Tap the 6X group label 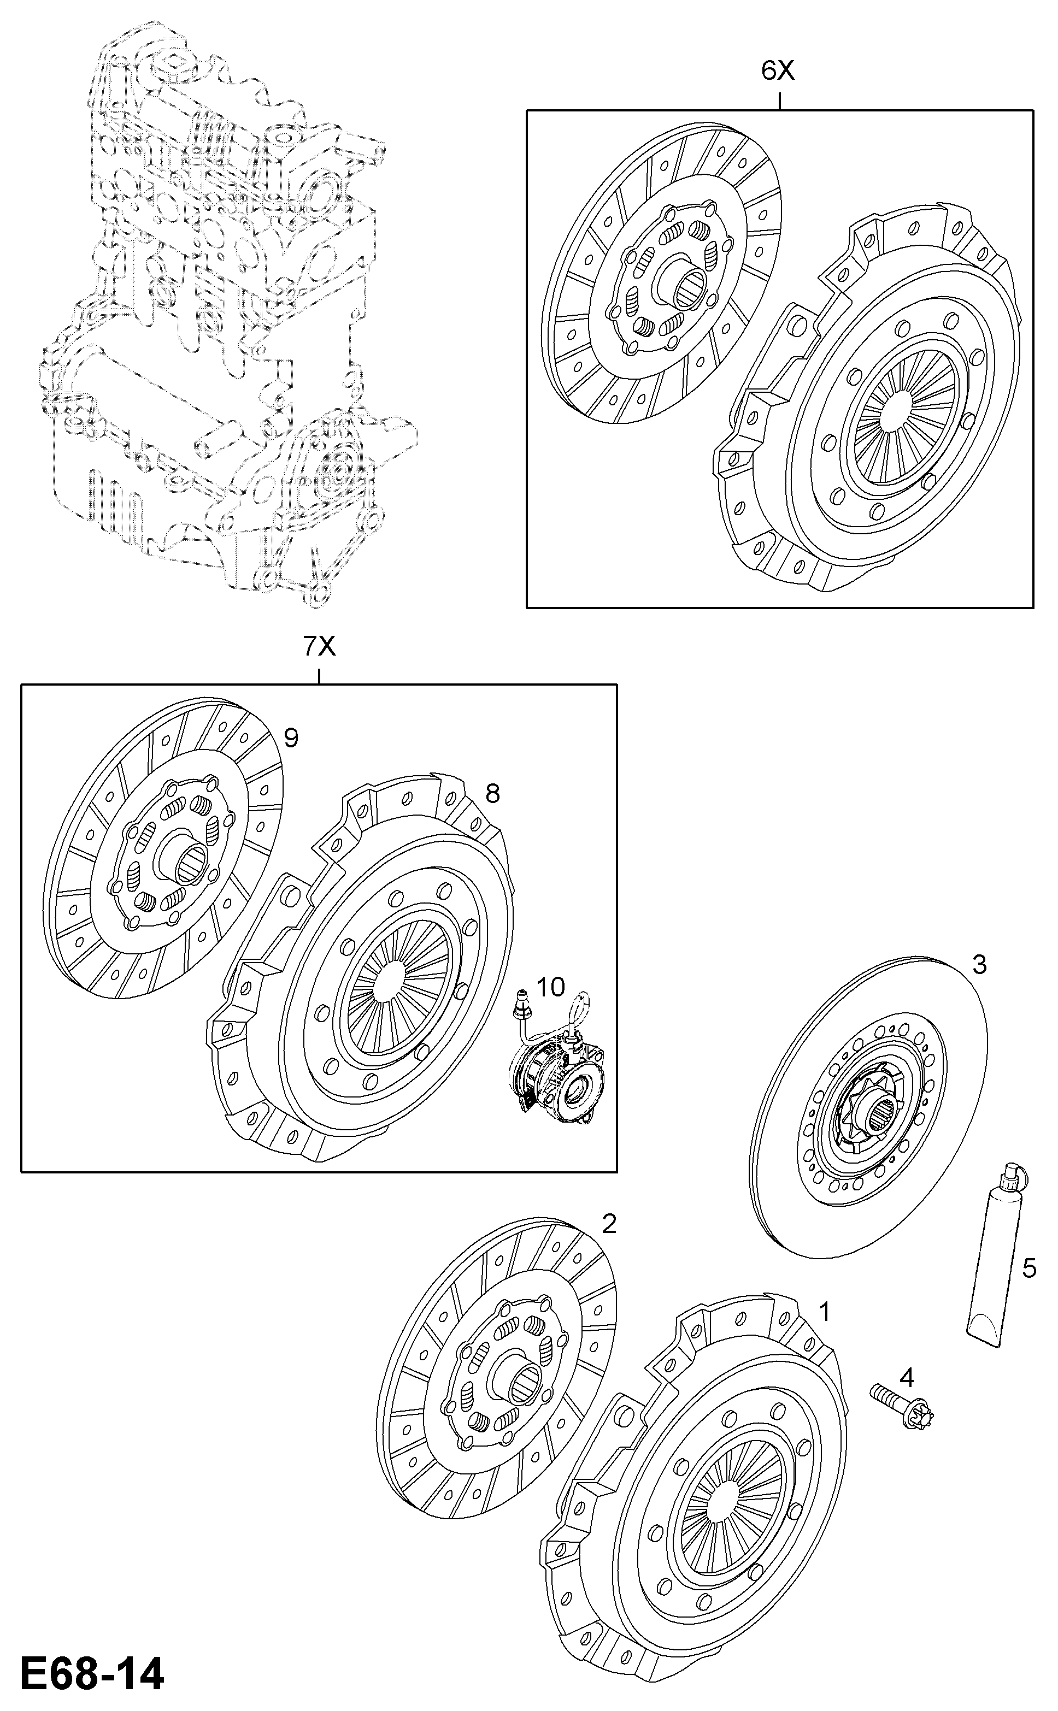click(778, 70)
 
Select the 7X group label click(319, 647)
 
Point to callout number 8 click(492, 793)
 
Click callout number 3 click(979, 965)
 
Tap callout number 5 click(1028, 1268)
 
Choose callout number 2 click(609, 1224)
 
